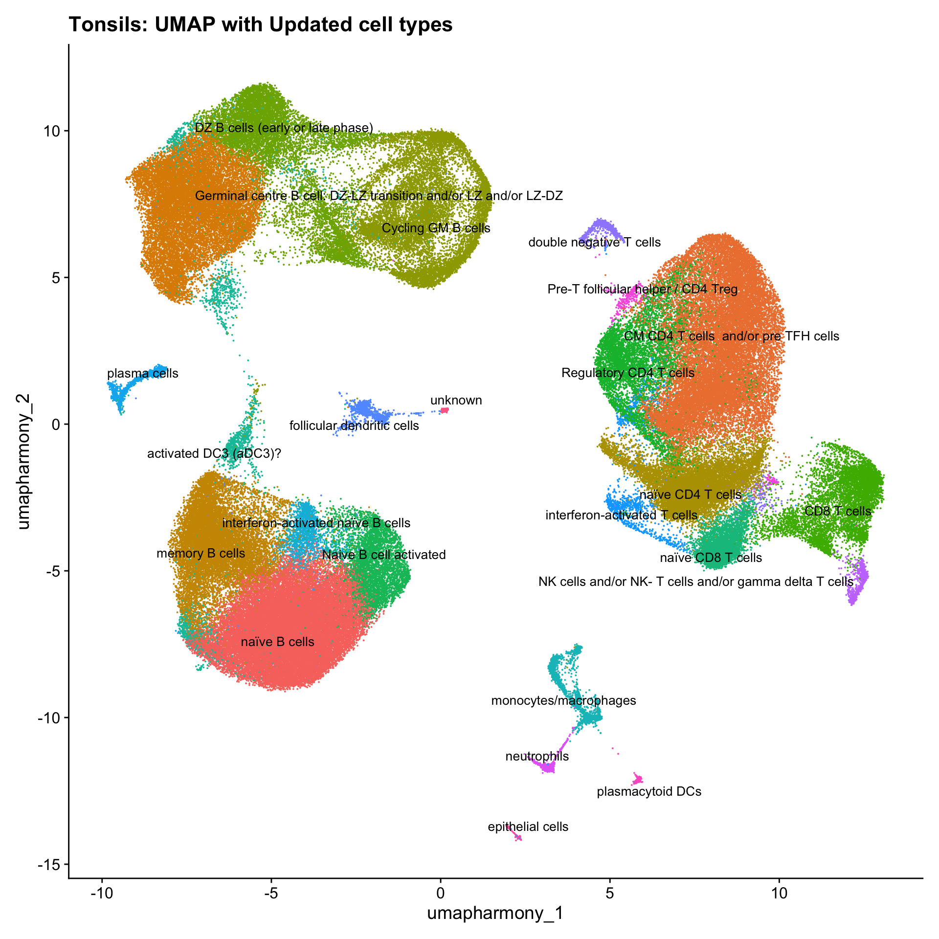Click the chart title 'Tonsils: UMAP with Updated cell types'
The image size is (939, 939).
pos(261,24)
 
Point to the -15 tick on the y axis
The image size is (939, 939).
pos(49,864)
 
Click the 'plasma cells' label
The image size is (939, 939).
pos(143,374)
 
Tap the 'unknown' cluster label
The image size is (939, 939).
pos(456,401)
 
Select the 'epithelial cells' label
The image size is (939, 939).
pos(528,827)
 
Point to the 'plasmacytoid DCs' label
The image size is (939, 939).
pos(649,791)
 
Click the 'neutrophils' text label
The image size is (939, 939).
pos(537,757)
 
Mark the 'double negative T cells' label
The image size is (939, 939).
pos(594,243)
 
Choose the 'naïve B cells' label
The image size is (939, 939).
pos(278,642)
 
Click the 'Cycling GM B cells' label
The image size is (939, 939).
pos(436,228)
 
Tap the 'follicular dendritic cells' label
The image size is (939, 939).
pos(354,426)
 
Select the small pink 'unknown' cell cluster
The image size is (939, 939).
pos(445,410)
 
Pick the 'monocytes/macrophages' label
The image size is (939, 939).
pos(563,701)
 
